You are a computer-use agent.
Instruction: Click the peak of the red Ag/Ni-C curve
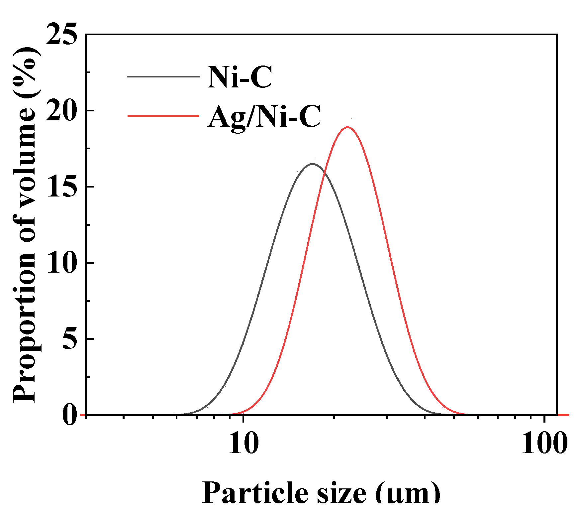347,127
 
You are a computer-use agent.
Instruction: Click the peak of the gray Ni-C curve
312,164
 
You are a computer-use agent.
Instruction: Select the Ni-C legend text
240,77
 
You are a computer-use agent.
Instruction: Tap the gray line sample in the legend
163,76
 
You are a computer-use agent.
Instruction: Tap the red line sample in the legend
163,116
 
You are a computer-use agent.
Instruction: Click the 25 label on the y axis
61,34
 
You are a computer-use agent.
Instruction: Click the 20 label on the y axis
61,111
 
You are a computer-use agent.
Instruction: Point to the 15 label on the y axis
61,187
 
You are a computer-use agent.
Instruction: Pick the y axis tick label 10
61,263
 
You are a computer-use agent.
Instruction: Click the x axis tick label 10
243,444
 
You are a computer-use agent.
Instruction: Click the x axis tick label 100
544,444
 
